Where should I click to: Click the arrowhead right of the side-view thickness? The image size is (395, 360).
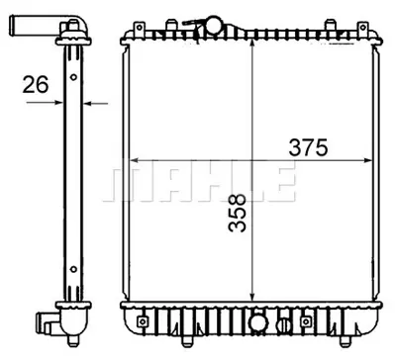87,101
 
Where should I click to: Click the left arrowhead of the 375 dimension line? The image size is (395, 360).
136,161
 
